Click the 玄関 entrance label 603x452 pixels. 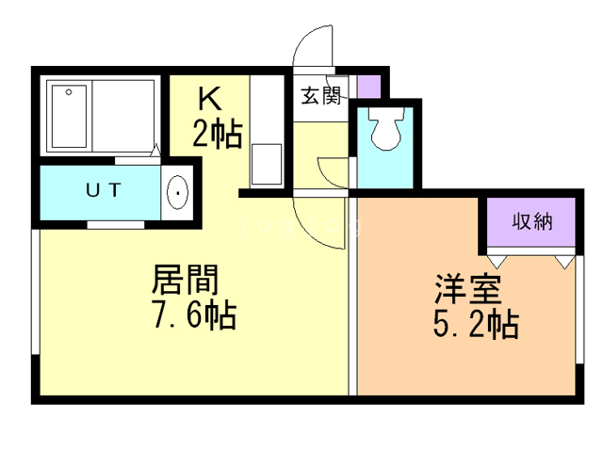point(321,96)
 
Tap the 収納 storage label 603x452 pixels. point(531,222)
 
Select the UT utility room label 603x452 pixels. point(103,190)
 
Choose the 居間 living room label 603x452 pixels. point(186,279)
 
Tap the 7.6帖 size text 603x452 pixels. point(194,314)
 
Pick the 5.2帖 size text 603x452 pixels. point(474,325)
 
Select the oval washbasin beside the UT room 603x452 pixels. point(177,194)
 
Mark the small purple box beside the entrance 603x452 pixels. point(370,86)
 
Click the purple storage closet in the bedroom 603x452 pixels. point(530,223)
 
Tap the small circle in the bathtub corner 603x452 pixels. point(68,92)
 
